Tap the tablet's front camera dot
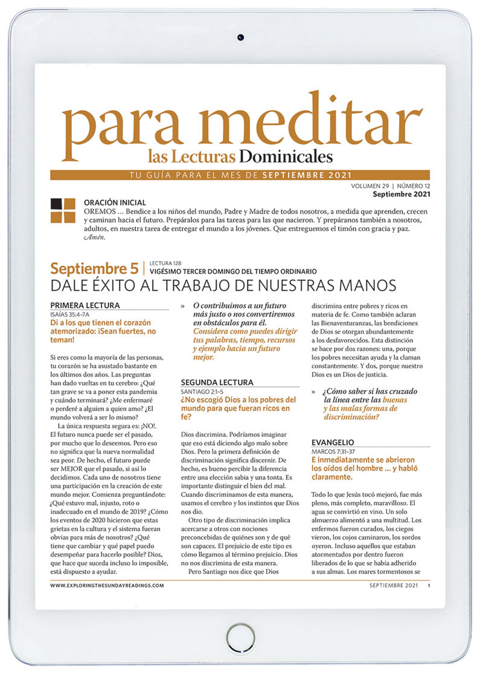[241, 37]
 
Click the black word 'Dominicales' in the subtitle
[286, 157]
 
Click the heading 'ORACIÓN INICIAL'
[115, 203]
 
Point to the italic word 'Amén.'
[94, 237]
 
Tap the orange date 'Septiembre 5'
[94, 268]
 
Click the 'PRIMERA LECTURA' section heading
[85, 305]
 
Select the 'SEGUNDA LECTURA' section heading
[217, 382]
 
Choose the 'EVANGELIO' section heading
[333, 442]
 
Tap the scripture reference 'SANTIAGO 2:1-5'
[204, 391]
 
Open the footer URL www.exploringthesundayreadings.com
[107, 585]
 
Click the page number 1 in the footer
[429, 585]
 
